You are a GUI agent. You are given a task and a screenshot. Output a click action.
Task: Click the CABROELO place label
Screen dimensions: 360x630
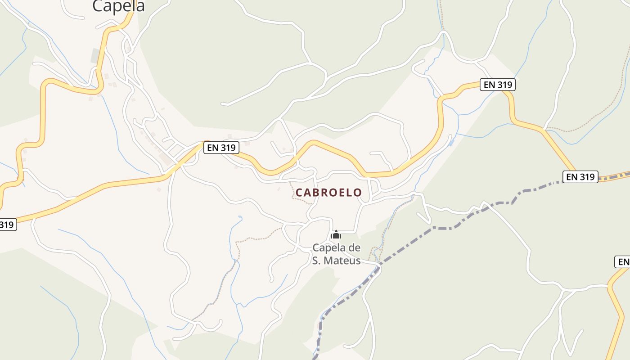[328, 193]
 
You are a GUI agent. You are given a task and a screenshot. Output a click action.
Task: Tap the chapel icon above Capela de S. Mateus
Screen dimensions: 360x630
[336, 234]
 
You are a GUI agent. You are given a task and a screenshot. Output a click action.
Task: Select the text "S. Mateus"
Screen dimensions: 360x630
[336, 260]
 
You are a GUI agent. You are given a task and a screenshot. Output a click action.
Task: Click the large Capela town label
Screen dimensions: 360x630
[118, 6]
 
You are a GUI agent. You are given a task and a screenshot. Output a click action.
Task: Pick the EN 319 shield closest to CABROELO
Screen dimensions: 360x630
[221, 148]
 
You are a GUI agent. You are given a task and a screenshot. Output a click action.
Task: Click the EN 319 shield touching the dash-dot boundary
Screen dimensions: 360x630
[580, 177]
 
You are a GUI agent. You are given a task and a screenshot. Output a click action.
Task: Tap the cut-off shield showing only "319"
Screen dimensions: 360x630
[7, 225]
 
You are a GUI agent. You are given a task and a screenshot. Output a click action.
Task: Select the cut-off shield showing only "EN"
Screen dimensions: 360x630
[623, 262]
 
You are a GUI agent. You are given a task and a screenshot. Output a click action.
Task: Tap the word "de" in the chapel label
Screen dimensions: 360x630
[355, 247]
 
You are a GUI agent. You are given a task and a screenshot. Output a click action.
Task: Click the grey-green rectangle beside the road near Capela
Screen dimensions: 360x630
[96, 56]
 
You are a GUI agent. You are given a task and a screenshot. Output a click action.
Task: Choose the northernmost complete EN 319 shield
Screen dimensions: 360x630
[497, 85]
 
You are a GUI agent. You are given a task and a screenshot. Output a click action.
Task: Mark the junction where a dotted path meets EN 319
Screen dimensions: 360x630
[545, 129]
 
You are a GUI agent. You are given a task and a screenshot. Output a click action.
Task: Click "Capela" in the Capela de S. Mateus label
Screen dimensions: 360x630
[329, 247]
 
